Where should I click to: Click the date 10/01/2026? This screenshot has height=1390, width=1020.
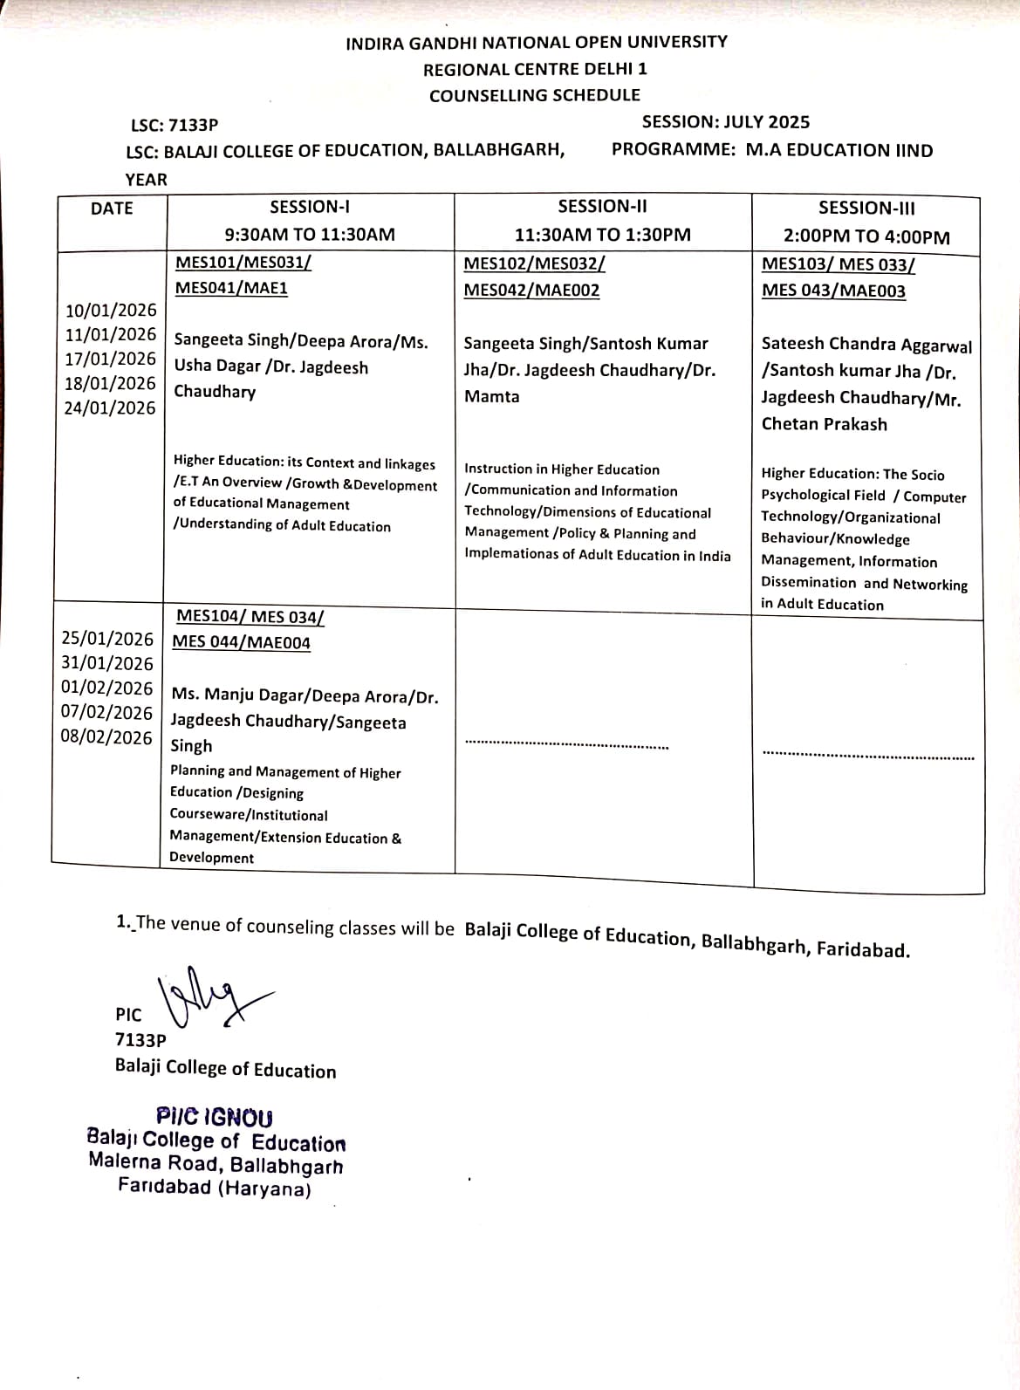coord(111,311)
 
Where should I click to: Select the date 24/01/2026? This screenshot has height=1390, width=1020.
coord(110,408)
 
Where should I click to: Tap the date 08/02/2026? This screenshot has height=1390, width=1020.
coord(106,737)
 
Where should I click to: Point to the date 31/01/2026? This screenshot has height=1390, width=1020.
coord(106,664)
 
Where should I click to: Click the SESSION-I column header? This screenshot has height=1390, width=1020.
coord(310,208)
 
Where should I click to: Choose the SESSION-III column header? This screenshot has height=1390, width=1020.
coord(866,209)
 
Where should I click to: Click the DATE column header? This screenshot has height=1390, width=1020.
coord(112,209)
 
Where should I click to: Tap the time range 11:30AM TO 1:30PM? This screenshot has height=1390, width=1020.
coord(602,235)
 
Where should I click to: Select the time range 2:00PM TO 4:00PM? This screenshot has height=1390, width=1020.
coord(866,236)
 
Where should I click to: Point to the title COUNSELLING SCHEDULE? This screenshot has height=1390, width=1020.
coord(534,96)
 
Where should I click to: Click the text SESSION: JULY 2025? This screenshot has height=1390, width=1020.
coord(725,122)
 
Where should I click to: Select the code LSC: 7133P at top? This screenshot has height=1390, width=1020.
coord(174,126)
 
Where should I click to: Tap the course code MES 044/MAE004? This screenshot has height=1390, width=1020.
coord(241,643)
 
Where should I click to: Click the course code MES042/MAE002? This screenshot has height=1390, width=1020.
coord(531,291)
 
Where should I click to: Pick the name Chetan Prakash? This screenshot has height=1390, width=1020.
coord(824,425)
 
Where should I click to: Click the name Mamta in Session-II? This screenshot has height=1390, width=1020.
coord(491,397)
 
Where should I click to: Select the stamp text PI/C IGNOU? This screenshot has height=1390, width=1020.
coord(215,1117)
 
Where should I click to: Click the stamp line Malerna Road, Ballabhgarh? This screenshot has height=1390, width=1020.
coord(216,1164)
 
